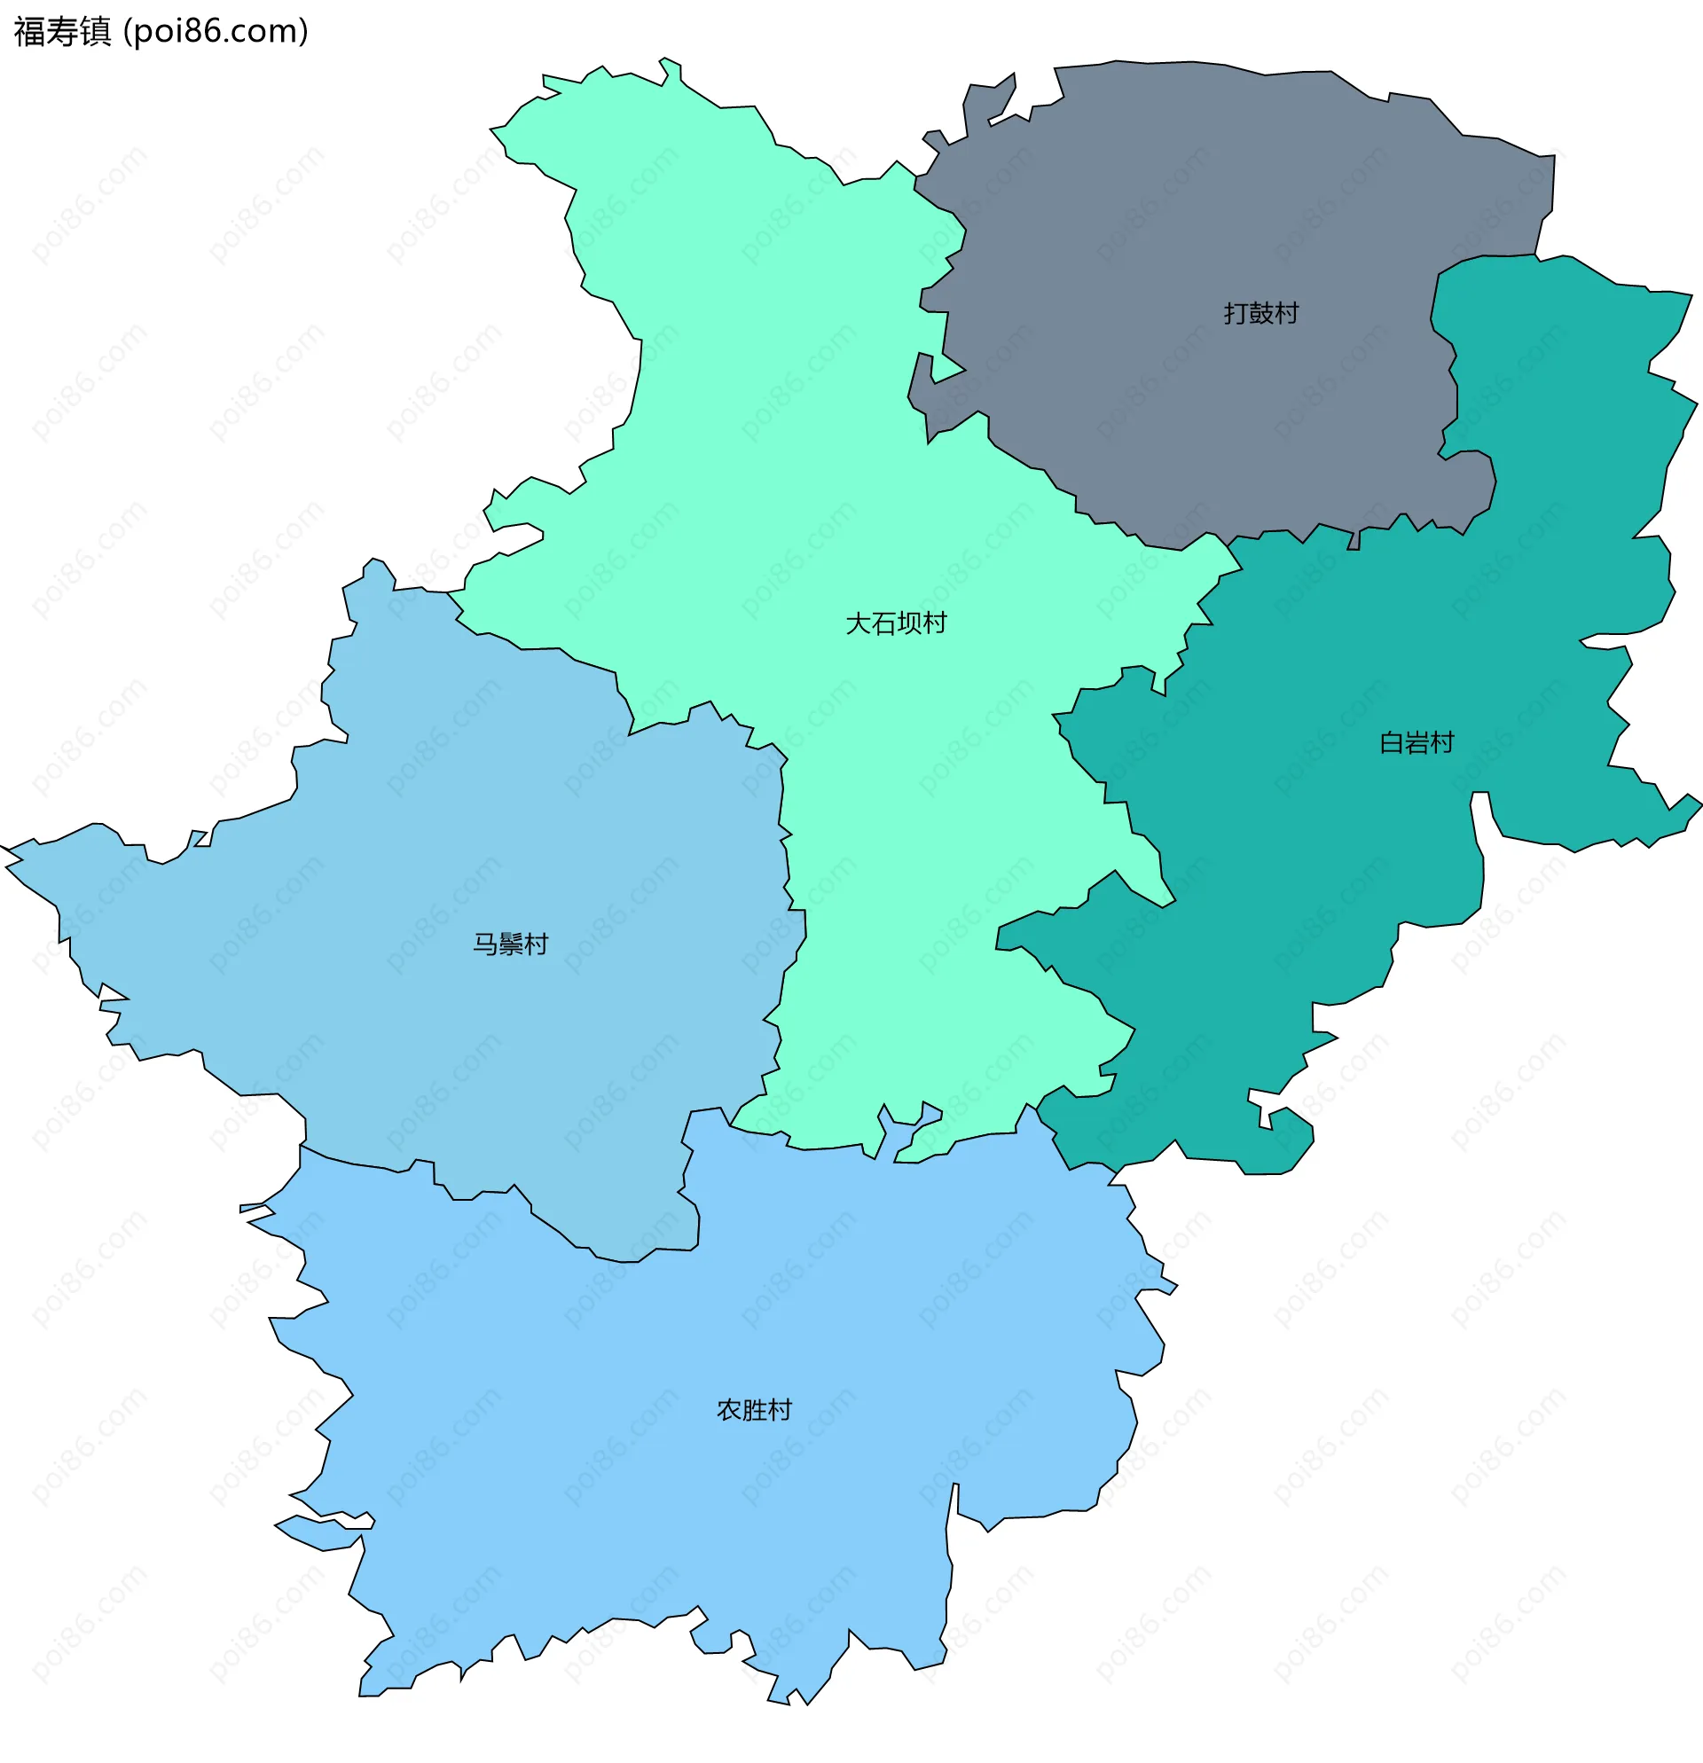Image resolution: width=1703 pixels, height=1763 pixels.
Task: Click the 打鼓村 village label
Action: [1261, 313]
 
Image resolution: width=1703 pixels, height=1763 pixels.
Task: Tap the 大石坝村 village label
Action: [896, 623]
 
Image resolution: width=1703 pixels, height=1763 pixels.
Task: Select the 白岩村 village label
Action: [1417, 743]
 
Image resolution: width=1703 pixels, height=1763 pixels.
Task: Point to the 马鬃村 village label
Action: [511, 944]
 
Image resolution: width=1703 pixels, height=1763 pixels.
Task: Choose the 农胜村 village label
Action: [754, 1410]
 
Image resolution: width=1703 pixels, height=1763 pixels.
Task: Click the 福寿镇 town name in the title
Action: [62, 32]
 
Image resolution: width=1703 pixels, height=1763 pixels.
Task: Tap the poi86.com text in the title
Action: [216, 32]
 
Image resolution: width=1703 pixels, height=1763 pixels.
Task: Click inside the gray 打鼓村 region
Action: [1170, 225]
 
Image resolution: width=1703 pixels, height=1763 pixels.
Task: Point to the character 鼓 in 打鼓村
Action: [1261, 313]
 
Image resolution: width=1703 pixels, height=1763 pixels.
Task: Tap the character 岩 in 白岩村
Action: [1417, 743]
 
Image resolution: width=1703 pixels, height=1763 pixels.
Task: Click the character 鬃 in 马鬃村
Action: [511, 944]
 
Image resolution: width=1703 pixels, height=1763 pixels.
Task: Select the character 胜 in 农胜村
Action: [754, 1410]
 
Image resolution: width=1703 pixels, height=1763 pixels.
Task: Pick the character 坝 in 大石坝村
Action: [909, 623]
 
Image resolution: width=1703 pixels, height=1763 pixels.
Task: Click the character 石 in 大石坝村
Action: [883, 623]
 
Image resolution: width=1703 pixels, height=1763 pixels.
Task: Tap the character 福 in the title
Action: [29, 32]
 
